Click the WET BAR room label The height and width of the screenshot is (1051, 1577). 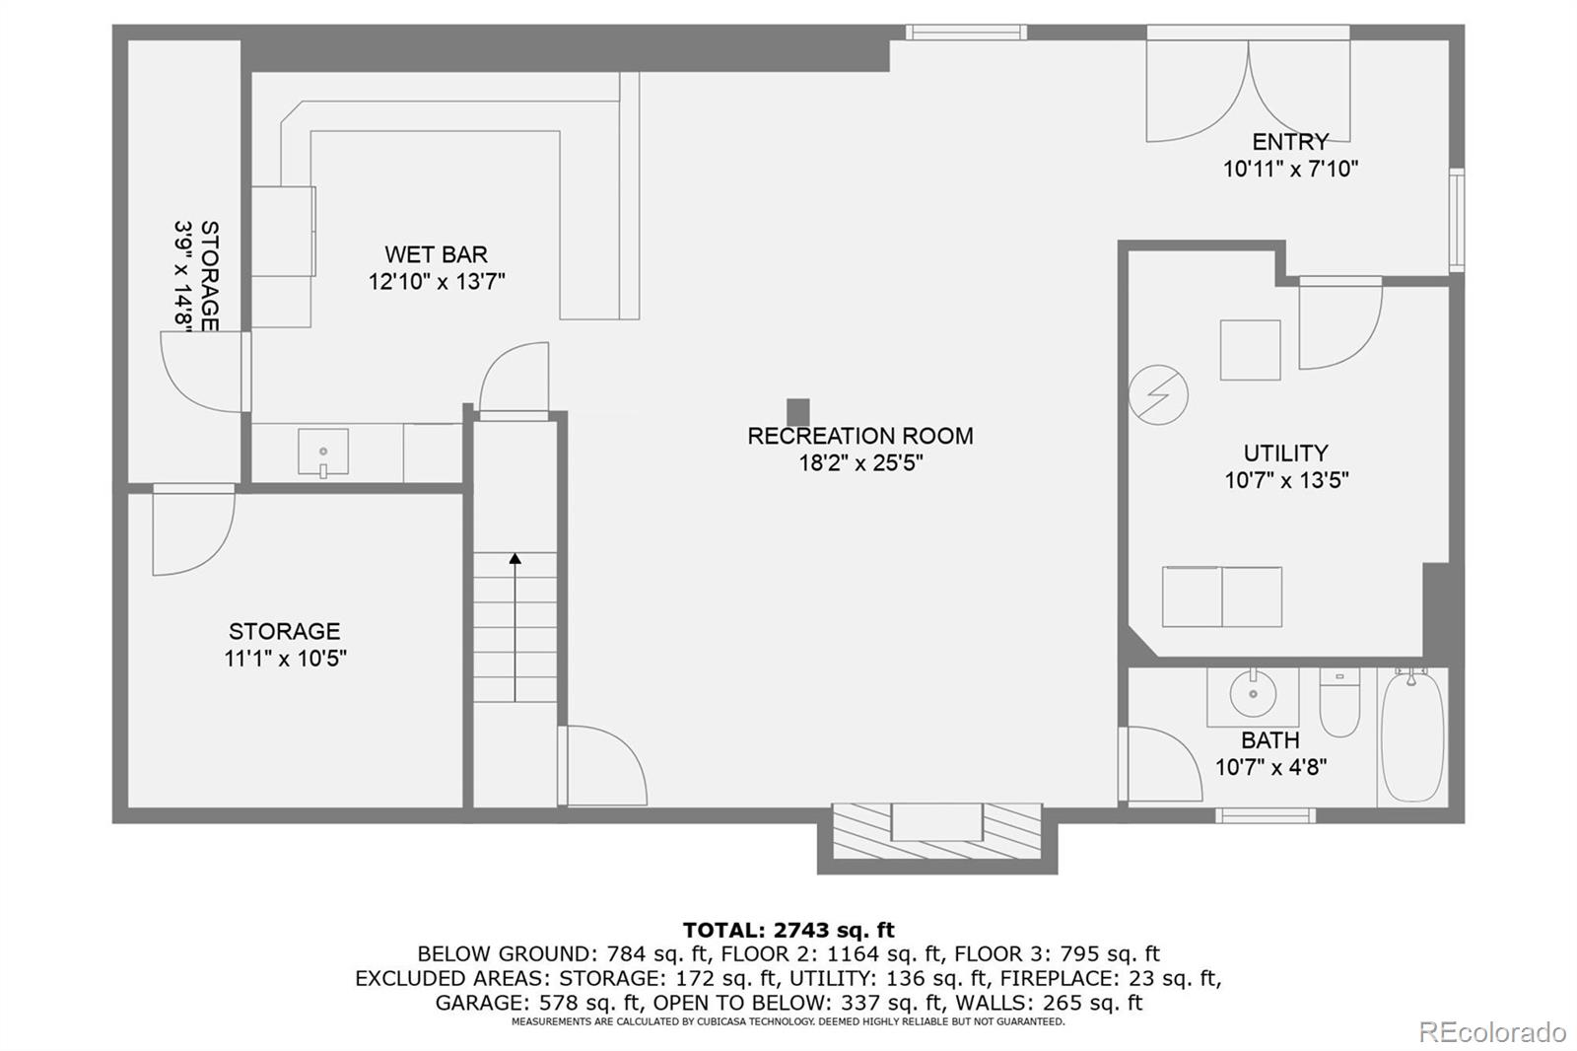click(x=436, y=254)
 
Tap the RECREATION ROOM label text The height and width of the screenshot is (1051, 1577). click(x=859, y=436)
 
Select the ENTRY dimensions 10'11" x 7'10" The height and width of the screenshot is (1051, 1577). click(x=1290, y=169)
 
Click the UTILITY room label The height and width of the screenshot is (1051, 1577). click(x=1285, y=454)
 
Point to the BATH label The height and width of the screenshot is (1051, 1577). click(x=1269, y=740)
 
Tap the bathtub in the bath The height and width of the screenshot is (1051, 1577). click(x=1411, y=735)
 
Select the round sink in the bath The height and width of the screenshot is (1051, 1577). click(x=1253, y=693)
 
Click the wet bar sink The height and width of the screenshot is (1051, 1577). click(x=323, y=453)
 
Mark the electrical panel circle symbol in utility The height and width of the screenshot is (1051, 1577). click(x=1158, y=395)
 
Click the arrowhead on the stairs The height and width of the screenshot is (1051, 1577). click(x=514, y=559)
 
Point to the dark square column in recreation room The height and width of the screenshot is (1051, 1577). click(x=798, y=411)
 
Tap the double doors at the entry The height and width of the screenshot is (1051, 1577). click(x=1249, y=91)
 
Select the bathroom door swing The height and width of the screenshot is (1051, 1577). click(x=1163, y=765)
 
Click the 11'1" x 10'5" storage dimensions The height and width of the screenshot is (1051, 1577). click(x=285, y=659)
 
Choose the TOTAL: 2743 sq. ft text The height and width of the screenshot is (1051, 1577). click(x=788, y=930)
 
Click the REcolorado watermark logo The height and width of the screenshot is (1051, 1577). click(x=1492, y=1032)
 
